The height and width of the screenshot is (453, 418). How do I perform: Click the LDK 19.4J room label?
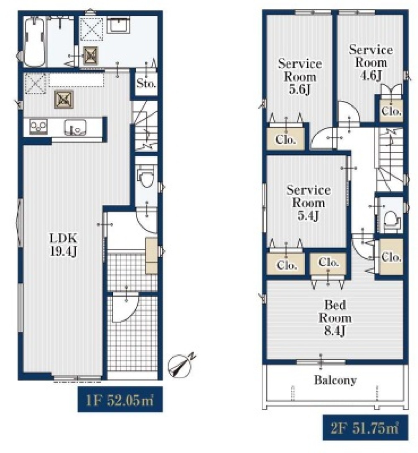63,245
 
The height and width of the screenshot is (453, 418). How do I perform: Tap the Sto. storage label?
146,84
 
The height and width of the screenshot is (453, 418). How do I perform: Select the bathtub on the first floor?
34,42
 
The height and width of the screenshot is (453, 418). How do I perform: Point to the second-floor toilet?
391,220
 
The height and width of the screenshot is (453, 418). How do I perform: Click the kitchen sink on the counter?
75,127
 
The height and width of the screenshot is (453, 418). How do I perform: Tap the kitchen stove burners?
38,127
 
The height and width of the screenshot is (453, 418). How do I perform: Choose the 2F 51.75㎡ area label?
365,428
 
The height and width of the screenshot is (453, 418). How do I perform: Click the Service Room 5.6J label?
300,76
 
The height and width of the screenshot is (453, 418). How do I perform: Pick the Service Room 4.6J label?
371,62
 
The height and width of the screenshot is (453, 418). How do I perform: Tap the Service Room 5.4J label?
308,203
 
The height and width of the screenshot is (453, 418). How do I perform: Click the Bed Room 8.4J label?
335,318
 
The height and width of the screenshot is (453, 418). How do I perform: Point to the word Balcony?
335,380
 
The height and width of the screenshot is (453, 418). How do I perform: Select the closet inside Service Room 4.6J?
391,111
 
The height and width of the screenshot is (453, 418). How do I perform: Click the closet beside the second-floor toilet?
391,257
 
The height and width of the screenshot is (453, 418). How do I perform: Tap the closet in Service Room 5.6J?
285,139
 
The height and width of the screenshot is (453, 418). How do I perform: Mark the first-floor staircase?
146,125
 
